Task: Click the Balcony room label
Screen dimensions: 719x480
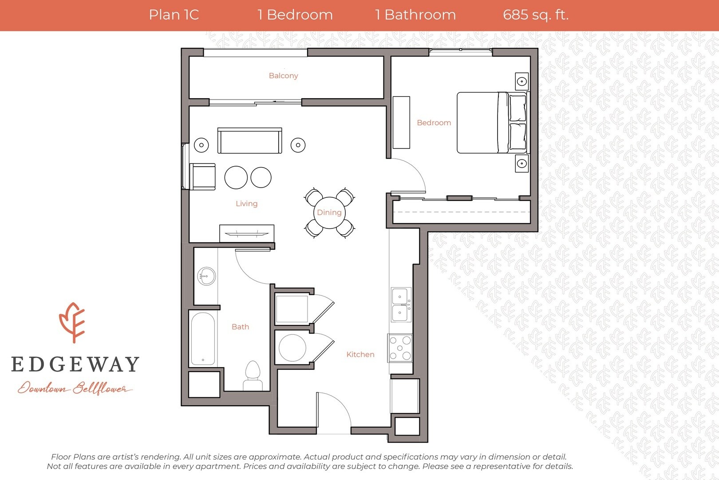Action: (284, 76)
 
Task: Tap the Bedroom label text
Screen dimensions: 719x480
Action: (434, 123)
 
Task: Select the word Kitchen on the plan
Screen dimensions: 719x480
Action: (360, 354)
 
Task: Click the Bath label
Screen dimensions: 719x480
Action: (241, 327)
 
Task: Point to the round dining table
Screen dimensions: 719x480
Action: (329, 212)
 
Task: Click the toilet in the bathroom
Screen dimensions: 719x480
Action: (253, 376)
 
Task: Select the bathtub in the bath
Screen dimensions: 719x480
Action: (203, 339)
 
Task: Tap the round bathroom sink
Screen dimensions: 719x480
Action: (206, 276)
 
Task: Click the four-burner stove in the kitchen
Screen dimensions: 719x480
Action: (400, 348)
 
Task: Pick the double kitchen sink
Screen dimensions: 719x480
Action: (400, 304)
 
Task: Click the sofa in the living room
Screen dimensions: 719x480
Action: (250, 140)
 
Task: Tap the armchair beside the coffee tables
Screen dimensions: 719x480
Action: (202, 176)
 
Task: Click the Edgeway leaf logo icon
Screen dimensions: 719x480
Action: (72, 323)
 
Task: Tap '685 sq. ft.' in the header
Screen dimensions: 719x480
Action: (536, 15)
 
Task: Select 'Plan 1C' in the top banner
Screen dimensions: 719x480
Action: (174, 15)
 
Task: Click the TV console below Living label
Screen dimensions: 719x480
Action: (247, 233)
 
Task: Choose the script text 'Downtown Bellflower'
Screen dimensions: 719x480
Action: (75, 388)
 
